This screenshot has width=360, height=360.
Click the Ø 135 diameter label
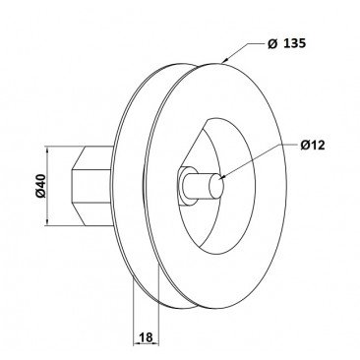tap(286, 43)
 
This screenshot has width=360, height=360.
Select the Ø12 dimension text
tap(313, 145)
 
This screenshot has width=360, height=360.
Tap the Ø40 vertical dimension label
tap(41, 186)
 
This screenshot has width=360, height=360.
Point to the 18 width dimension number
tap(147, 337)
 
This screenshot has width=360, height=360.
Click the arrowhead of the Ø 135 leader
tap(225, 60)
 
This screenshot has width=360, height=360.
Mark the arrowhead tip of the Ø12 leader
tap(221, 177)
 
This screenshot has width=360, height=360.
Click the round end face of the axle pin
tap(216, 186)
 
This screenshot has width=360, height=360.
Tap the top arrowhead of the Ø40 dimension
tap(47, 150)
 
